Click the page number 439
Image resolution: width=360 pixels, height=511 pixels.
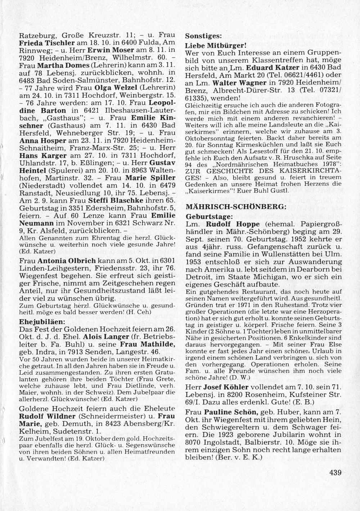pos(335,473)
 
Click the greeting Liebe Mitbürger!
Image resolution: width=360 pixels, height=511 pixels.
pos(215,46)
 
